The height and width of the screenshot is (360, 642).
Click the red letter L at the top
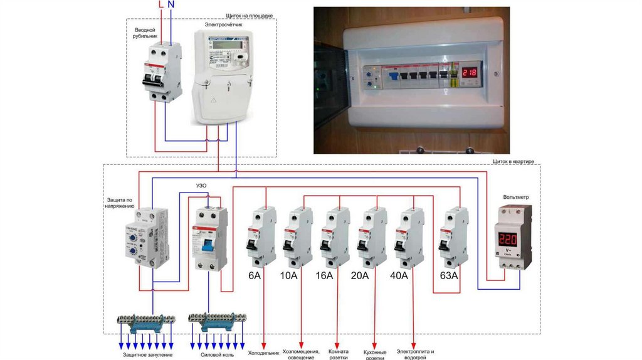pyautogui.click(x=160, y=4)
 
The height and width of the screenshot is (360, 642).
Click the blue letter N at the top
pyautogui.click(x=172, y=4)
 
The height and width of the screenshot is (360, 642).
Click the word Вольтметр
pyautogui.click(x=516, y=197)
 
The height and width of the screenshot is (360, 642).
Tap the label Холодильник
pyautogui.click(x=263, y=353)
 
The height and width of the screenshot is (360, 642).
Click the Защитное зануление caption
pyautogui.click(x=148, y=355)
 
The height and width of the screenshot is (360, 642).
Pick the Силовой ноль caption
pyautogui.click(x=217, y=355)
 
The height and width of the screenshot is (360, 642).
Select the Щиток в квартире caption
pyautogui.click(x=513, y=161)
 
